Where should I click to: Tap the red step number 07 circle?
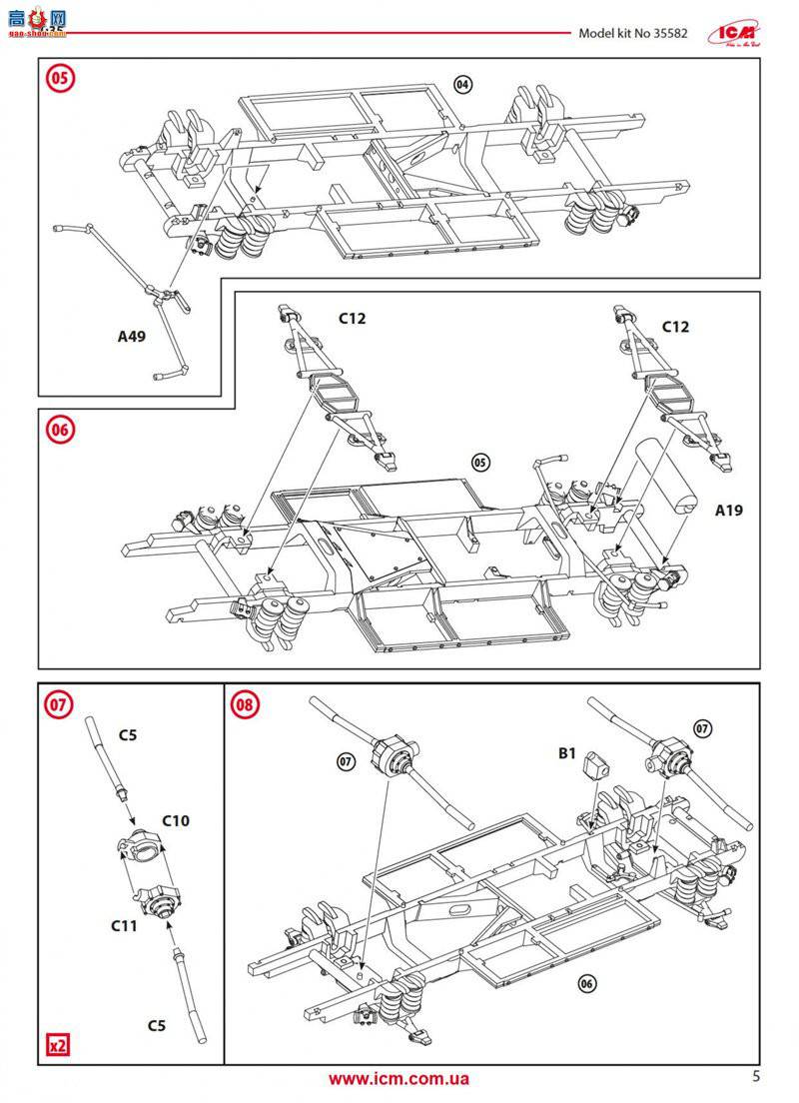[x=59, y=704]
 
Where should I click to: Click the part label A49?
[x=131, y=337]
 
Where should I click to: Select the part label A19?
[x=729, y=510]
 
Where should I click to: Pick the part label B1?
[x=567, y=754]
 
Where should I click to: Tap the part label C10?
[x=176, y=820]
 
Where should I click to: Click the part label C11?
[x=124, y=926]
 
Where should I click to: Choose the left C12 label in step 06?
[x=353, y=319]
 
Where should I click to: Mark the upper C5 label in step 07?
[x=128, y=735]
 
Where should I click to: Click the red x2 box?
[x=59, y=1046]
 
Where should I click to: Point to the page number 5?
[x=756, y=1076]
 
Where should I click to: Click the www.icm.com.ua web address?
[x=399, y=1078]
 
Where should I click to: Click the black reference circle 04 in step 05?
[x=462, y=85]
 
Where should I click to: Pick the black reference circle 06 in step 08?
[x=586, y=982]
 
